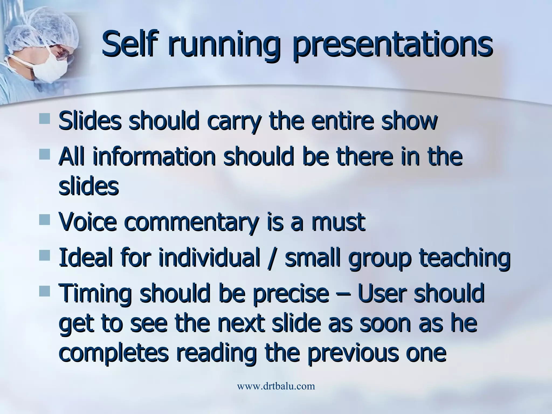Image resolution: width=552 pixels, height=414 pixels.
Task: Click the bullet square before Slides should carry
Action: coord(44,119)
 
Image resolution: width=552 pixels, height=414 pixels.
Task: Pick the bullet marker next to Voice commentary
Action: coord(44,219)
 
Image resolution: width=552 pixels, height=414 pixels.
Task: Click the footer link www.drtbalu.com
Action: coord(276,386)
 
